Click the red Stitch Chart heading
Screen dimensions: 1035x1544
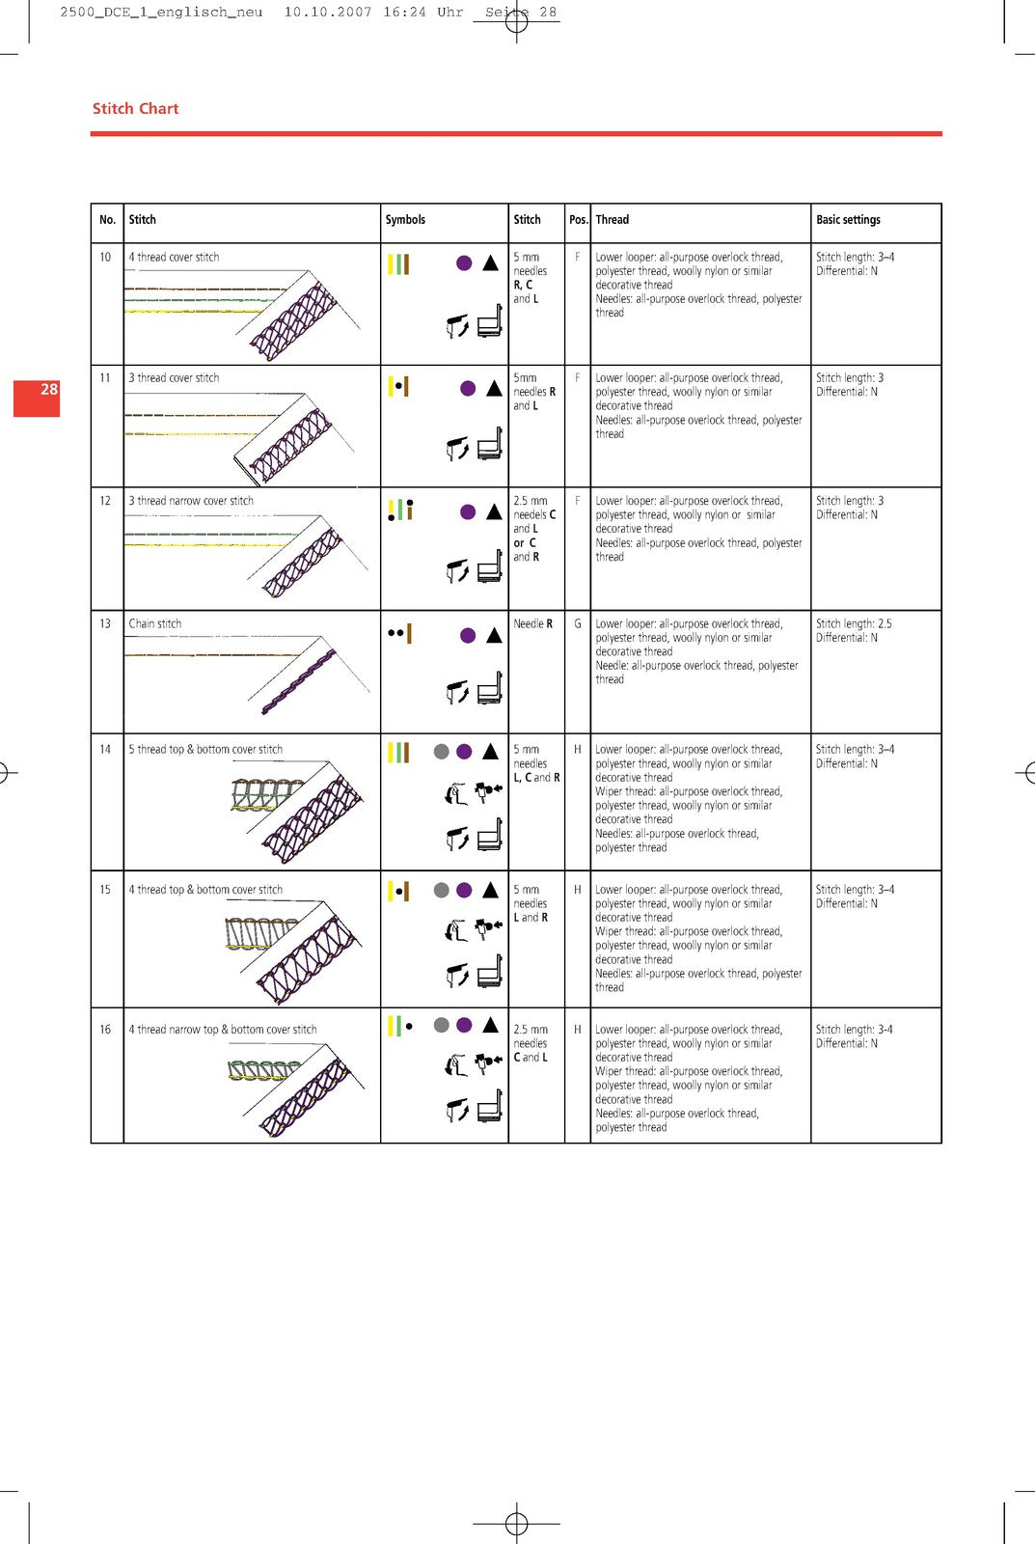[136, 109]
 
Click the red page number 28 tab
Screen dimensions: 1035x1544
[37, 398]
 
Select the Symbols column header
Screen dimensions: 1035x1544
[405, 220]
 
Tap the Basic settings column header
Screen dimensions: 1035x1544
[848, 220]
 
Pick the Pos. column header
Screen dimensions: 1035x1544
[578, 220]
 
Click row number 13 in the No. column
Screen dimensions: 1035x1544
[105, 623]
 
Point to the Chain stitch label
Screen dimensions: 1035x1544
[155, 623]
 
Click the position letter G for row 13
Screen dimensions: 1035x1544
[578, 623]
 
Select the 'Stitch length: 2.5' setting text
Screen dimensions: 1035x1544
[854, 623]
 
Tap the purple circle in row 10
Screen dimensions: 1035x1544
[464, 262]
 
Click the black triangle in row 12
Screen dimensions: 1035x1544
[494, 511]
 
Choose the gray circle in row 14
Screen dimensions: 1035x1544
[442, 752]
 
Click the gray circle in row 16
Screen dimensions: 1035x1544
[442, 1025]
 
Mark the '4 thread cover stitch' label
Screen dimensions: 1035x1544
[174, 257]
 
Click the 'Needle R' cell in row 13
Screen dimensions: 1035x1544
[532, 623]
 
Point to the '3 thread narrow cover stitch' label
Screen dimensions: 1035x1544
[191, 501]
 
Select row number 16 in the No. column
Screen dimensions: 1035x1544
[105, 1029]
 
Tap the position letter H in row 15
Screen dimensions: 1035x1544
[578, 890]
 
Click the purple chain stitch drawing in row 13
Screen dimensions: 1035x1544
[299, 681]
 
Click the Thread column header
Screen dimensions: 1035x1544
[612, 220]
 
